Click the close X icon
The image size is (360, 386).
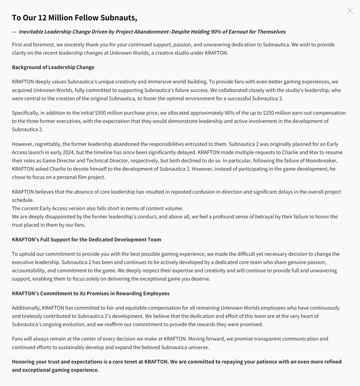[350, 11]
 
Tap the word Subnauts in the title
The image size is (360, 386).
[118, 18]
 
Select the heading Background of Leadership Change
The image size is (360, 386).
[53, 67]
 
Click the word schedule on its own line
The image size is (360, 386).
[23, 200]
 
